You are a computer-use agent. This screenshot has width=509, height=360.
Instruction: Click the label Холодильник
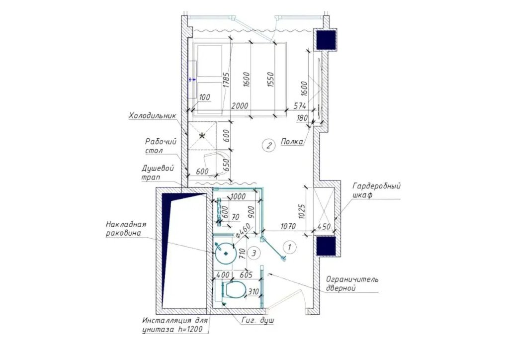click(153, 116)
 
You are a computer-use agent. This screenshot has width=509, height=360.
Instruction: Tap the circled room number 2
click(269, 145)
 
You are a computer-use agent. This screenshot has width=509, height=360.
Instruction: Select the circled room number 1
click(290, 247)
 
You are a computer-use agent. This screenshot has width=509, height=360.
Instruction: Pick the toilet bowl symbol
click(235, 289)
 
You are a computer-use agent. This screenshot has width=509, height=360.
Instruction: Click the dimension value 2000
click(240, 106)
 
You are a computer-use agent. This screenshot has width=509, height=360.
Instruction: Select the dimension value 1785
click(226, 80)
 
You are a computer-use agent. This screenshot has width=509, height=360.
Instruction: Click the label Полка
click(292, 142)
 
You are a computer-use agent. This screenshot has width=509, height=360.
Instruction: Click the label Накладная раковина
click(126, 229)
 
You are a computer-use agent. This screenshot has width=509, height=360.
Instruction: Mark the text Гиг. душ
click(258, 320)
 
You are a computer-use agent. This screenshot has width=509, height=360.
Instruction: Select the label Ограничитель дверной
click(352, 283)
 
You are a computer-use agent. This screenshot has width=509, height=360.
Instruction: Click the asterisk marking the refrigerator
click(202, 136)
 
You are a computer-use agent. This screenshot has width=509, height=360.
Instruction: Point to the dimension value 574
click(300, 106)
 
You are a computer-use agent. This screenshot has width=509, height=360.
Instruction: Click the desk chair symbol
click(213, 164)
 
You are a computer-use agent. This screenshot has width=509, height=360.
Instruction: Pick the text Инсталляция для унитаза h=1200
click(174, 325)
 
